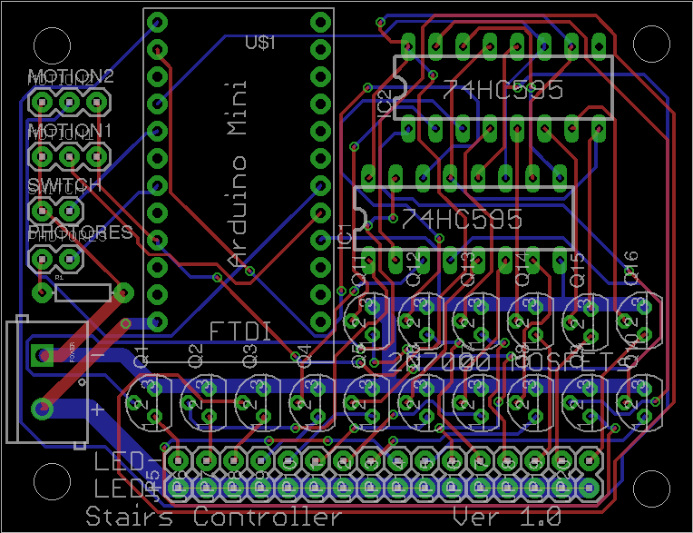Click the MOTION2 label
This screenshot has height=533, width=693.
pos(71,76)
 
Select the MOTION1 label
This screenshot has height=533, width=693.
pos(71,132)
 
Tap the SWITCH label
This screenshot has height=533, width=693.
pos(63,186)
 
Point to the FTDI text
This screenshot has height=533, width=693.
pos(240,331)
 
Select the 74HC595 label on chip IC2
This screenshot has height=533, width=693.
pos(503,90)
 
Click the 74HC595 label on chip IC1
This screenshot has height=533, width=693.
pos(463,219)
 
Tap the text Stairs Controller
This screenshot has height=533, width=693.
pos(214,518)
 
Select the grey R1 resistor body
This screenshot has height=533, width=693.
pos(83,292)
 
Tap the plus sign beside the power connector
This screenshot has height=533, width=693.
pos(96,408)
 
